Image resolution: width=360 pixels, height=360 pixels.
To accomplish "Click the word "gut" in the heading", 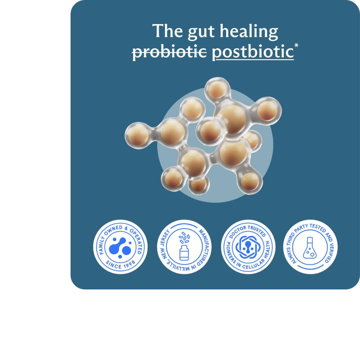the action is pos(201,32).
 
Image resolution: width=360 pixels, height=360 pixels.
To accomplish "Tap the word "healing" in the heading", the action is pos(249,31).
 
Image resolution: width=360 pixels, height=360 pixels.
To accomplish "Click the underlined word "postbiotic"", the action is pos(253,52).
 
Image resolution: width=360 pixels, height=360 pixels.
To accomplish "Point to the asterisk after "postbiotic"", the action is pos(296,45).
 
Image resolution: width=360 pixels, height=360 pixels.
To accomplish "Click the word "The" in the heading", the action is pos(167,31).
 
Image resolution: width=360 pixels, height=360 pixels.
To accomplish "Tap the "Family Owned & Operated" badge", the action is pos(120,247).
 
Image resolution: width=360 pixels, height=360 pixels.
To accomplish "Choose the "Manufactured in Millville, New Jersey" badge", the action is pos(184,247).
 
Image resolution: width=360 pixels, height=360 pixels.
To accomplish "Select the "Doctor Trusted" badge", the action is pos(248,247).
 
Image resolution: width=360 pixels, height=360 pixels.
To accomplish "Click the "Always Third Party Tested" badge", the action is pos(310,247).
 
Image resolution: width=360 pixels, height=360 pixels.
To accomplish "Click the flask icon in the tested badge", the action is pos(310,248).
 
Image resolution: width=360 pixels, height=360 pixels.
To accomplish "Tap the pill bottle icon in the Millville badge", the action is pos(184,253).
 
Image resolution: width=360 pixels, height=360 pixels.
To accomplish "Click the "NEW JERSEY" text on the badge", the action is pos(166,244).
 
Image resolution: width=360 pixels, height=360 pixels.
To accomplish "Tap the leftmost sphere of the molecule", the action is pos(138,135).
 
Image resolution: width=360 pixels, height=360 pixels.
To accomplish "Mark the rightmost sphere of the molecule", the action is pos(267,111).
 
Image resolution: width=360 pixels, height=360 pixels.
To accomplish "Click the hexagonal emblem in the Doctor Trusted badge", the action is pos(248,247).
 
